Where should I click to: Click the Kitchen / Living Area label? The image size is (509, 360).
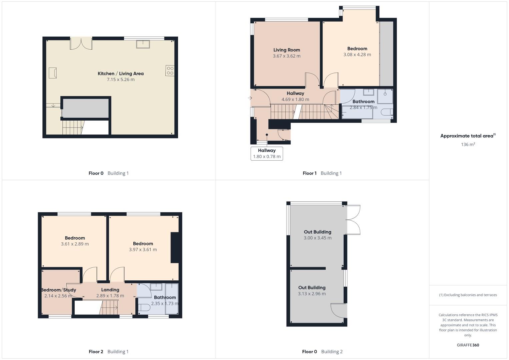[120, 73]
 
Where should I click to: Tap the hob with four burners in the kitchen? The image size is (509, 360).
[170, 71]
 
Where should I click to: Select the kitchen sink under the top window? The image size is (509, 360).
[143, 44]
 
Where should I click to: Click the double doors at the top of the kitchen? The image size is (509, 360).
[81, 43]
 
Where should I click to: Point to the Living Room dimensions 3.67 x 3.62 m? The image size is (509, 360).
[286, 56]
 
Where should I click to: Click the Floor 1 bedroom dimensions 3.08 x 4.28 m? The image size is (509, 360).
[357, 55]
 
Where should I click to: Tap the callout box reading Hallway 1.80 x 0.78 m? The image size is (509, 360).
[267, 153]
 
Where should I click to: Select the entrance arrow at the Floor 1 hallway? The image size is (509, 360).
[250, 98]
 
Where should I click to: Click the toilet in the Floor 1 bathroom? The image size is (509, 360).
[387, 112]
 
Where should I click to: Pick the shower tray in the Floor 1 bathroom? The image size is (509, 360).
[385, 96]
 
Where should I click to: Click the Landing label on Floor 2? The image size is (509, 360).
[110, 290]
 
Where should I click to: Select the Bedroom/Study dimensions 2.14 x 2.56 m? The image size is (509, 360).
[58, 296]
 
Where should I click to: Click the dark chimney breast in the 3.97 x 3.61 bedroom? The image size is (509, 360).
[175, 247]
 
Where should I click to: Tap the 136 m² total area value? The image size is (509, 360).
[468, 144]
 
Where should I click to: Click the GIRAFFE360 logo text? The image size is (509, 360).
[468, 345]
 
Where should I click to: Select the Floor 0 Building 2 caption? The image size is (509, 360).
[322, 351]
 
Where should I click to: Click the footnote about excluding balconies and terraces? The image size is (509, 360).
[468, 295]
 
